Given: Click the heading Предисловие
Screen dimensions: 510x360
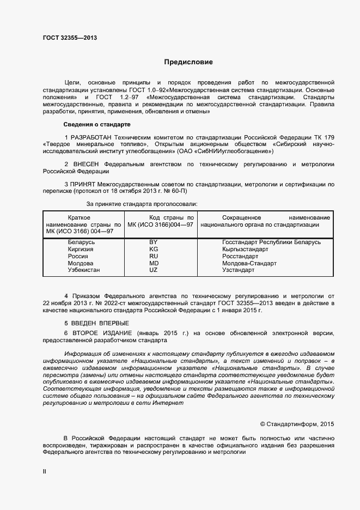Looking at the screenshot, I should click(x=188, y=62).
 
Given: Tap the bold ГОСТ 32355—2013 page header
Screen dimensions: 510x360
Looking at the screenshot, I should click(x=70, y=38).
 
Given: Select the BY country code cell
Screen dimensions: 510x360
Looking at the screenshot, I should click(x=153, y=242).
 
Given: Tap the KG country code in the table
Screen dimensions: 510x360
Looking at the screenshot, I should click(x=153, y=249).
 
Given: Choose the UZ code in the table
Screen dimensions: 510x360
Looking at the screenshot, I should click(x=153, y=270).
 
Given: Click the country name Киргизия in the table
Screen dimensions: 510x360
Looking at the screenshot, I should click(x=81, y=249).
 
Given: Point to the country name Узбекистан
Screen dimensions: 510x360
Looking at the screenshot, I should click(x=84, y=270).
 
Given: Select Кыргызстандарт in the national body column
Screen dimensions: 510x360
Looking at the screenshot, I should click(x=246, y=249).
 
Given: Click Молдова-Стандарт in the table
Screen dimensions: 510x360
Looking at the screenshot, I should click(x=249, y=263).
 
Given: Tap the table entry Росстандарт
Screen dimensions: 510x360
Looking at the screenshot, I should click(x=240, y=256).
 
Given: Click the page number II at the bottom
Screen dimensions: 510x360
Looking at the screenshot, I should click(x=44, y=472).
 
